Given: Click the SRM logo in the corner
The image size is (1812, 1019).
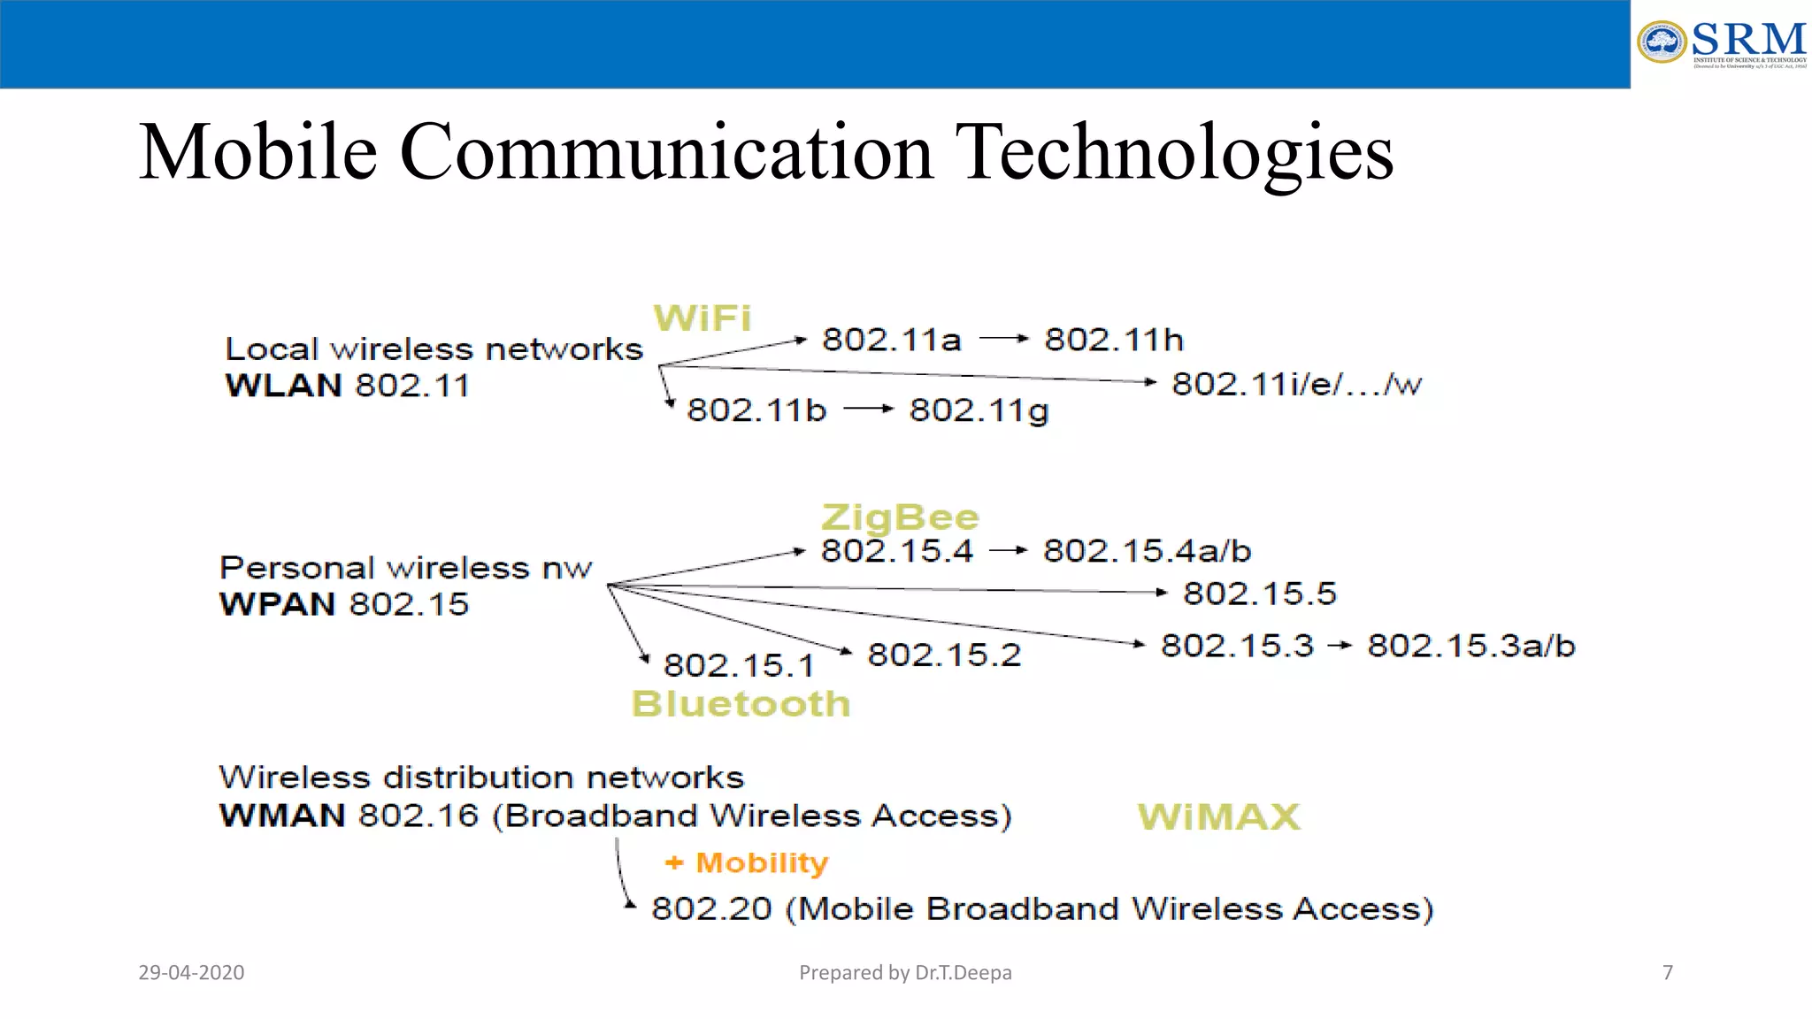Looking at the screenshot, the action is coord(1721,43).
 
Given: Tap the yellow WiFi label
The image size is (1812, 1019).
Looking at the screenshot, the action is coord(703,318).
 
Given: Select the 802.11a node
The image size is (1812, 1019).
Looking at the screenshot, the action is coord(891,340).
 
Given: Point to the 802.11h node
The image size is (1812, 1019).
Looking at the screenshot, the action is coord(1114,340).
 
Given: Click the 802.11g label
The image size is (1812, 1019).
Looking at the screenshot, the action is coord(979,410).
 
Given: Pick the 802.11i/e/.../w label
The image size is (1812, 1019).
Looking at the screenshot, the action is coord(1296,384).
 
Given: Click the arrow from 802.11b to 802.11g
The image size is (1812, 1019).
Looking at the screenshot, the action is coord(868,409).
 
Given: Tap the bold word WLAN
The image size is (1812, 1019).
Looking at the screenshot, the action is coord(283,386).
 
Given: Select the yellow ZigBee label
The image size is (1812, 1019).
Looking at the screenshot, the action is coord(900,517).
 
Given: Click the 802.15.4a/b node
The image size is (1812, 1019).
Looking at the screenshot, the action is coord(1147,551).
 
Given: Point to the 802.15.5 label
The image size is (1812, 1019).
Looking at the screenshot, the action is coord(1259,594).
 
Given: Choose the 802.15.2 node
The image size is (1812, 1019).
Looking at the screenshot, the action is coord(944,655).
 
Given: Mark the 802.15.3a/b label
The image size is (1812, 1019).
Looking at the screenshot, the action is coord(1470,646).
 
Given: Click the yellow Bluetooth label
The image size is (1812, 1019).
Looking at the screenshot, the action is coord(741,704).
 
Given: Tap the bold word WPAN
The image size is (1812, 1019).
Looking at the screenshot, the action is coord(278,604).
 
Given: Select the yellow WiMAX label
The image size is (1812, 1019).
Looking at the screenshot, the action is coord(1218,816).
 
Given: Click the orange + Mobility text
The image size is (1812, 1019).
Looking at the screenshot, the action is coord(747,862).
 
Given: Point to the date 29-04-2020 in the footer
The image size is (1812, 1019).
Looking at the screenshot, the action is coord(191,973).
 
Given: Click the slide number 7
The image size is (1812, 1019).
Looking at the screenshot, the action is coord(1668,973).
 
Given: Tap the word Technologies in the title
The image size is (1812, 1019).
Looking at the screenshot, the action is coord(1177,152).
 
